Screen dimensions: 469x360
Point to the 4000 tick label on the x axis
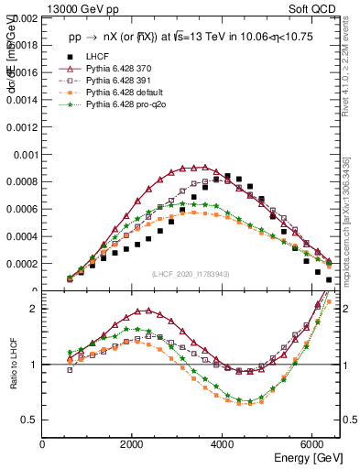coord(223,444)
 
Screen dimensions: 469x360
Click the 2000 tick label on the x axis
coord(133,444)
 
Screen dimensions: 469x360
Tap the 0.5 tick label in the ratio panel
coord(29,420)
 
